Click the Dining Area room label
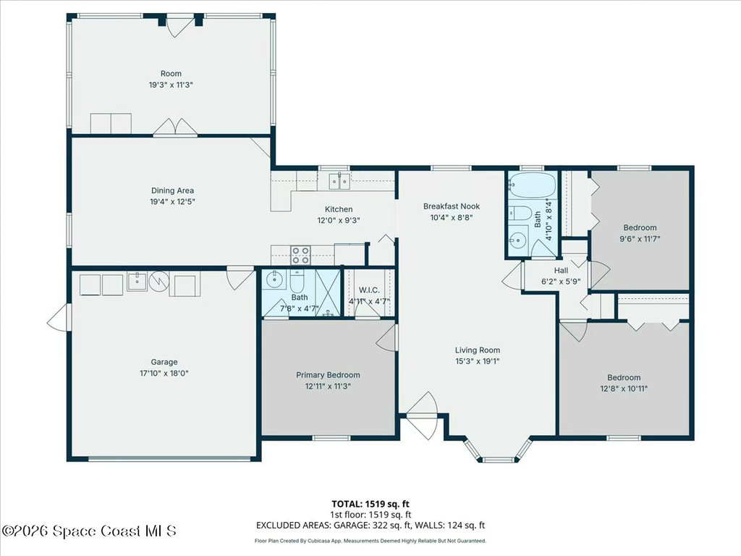[x=172, y=190]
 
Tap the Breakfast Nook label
[x=452, y=206]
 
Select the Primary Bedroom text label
[x=328, y=375]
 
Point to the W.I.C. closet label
[x=370, y=290]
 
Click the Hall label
[x=561, y=271]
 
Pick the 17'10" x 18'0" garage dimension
[x=164, y=373]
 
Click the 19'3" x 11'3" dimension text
[x=171, y=85]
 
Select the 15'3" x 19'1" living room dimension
[x=477, y=361]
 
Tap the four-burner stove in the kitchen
[x=300, y=254]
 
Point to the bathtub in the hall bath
[x=531, y=185]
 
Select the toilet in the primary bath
[x=298, y=279]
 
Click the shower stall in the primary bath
[x=328, y=292]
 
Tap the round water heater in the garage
[x=159, y=280]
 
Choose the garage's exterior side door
[x=58, y=316]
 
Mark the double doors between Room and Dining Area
[x=175, y=127]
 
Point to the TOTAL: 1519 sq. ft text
[x=370, y=504]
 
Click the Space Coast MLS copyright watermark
[x=88, y=531]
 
